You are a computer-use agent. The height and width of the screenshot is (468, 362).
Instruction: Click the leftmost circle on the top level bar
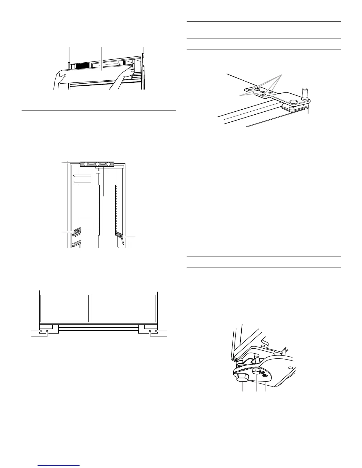(x=86, y=164)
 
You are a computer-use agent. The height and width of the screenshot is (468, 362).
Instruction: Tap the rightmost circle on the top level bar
(x=109, y=164)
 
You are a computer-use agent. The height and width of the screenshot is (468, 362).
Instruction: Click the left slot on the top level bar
(x=91, y=164)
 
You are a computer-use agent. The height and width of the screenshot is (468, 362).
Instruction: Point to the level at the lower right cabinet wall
(x=120, y=235)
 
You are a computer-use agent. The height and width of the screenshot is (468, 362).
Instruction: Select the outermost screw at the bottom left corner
(x=41, y=331)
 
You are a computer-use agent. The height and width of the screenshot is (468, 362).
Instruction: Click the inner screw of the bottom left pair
(x=47, y=331)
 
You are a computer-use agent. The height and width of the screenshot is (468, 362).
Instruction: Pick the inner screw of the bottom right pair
(x=151, y=331)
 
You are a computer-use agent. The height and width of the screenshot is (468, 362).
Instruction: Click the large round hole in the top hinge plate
(x=293, y=102)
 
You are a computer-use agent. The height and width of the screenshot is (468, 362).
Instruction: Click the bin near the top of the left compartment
(x=82, y=179)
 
